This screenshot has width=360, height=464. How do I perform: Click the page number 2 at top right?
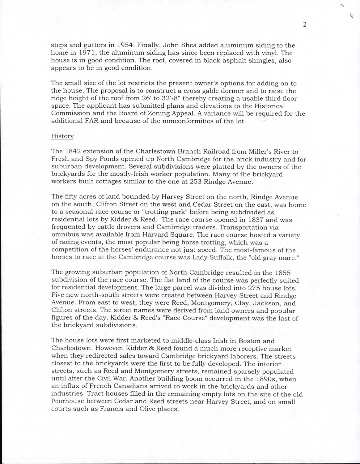[x=304, y=25]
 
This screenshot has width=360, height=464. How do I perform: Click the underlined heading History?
[x=62, y=136]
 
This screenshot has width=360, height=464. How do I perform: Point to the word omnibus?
[x=65, y=235]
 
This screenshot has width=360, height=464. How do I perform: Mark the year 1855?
[x=282, y=273]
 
